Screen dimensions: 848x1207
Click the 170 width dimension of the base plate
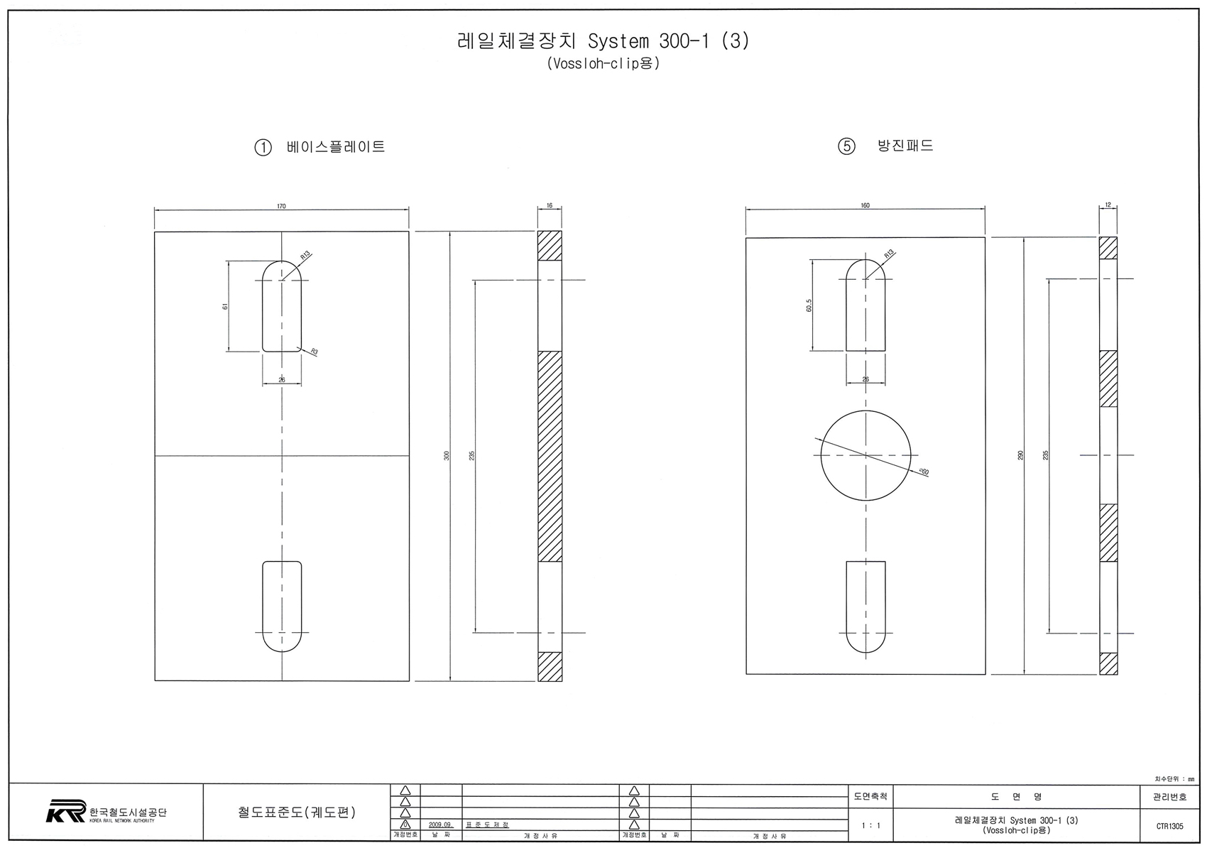point(281,206)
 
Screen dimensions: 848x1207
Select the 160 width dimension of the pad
point(865,205)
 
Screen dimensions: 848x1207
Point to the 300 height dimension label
point(447,455)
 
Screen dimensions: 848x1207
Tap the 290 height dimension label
point(1020,455)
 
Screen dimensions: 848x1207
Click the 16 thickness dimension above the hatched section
point(550,205)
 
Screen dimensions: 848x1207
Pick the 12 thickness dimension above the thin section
point(1108,205)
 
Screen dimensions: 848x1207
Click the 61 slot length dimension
point(225,306)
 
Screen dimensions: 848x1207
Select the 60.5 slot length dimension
point(809,305)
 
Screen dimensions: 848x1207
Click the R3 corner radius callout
point(313,352)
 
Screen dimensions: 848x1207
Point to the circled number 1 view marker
point(263,148)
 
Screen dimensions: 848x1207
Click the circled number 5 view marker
point(846,147)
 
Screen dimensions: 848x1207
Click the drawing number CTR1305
point(1169,826)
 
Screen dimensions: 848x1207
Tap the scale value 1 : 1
point(870,826)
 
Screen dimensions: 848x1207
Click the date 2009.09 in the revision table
point(440,825)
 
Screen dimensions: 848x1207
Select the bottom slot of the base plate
point(282,606)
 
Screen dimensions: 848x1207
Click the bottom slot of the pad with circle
point(865,606)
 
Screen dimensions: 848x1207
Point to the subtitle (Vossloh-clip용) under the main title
point(603,63)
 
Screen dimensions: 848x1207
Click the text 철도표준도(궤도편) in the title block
point(297,812)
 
